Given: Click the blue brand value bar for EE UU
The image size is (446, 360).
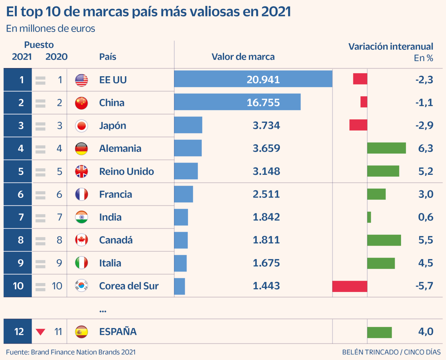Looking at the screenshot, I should (x=253, y=79).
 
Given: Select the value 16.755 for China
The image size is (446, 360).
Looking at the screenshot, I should (x=263, y=103).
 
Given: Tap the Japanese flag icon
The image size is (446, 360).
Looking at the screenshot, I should (x=81, y=126).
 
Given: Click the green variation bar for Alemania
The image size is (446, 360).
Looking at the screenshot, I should (x=386, y=148).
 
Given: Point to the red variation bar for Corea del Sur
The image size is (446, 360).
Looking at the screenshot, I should (x=350, y=286).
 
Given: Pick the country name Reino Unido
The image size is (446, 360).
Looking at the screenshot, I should (x=126, y=171).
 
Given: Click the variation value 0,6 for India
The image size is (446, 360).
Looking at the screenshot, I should (x=426, y=217).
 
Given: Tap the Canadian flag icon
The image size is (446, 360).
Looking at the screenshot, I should (x=81, y=240).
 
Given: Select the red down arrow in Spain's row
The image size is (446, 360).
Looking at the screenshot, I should (x=41, y=332).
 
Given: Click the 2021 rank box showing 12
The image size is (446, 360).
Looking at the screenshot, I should (x=17, y=331).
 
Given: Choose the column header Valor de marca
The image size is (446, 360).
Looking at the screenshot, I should (x=243, y=57).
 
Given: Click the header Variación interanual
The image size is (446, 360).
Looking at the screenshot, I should (x=391, y=46).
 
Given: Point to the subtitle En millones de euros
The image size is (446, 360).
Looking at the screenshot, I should (x=51, y=29).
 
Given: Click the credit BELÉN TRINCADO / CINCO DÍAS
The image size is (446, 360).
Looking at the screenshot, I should (x=391, y=352).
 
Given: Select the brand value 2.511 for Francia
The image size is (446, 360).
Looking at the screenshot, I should (x=266, y=194).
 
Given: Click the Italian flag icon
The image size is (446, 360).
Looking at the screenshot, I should (x=81, y=263).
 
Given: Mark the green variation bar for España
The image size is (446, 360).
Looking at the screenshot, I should (x=379, y=332).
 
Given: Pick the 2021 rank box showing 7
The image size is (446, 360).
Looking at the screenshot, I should (x=17, y=217).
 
